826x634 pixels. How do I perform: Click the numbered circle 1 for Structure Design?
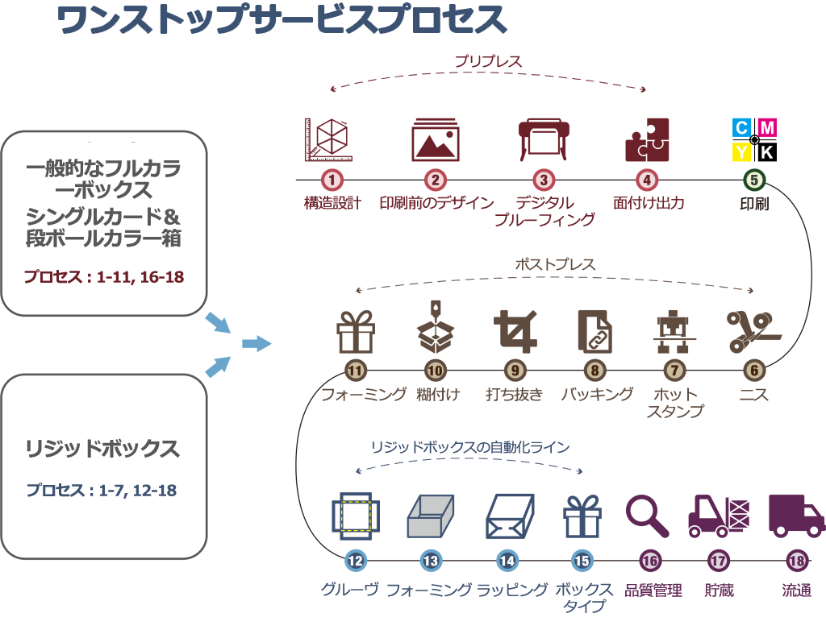click(x=332, y=180)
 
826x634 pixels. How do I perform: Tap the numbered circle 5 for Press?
click(x=753, y=180)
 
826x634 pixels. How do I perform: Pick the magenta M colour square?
click(x=766, y=127)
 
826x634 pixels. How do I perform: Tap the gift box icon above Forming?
click(x=356, y=332)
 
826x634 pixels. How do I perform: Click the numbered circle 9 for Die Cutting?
click(x=515, y=371)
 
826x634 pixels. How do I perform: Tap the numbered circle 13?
click(x=431, y=561)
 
